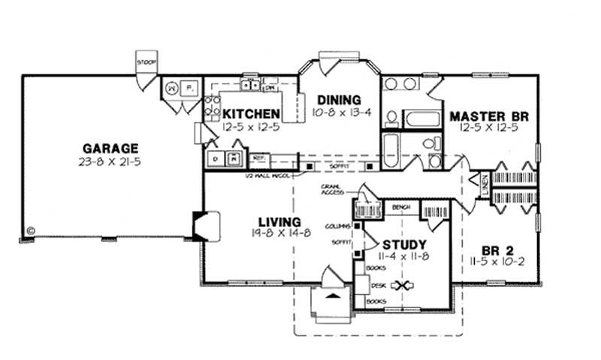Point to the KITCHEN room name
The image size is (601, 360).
click(252, 113)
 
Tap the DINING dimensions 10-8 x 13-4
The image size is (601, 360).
click(339, 113)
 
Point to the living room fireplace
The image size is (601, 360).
click(205, 225)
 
